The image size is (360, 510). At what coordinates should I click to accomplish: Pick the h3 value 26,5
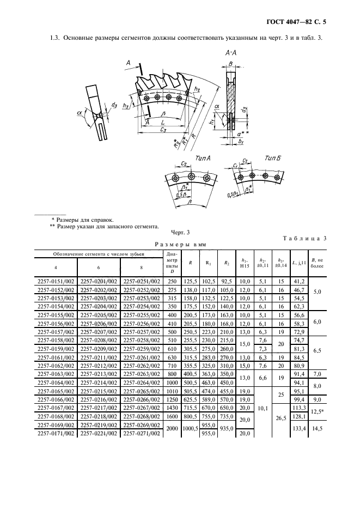point(282,417)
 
